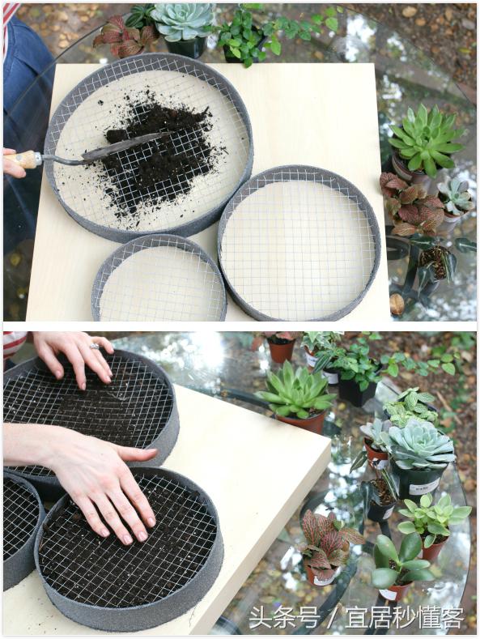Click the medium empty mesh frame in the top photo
[299, 243]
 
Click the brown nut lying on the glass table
[397, 304]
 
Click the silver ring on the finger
[95, 347]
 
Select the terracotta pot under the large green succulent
[302, 422]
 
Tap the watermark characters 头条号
[284, 618]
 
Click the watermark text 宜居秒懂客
[404, 618]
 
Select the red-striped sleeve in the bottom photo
[15, 344]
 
